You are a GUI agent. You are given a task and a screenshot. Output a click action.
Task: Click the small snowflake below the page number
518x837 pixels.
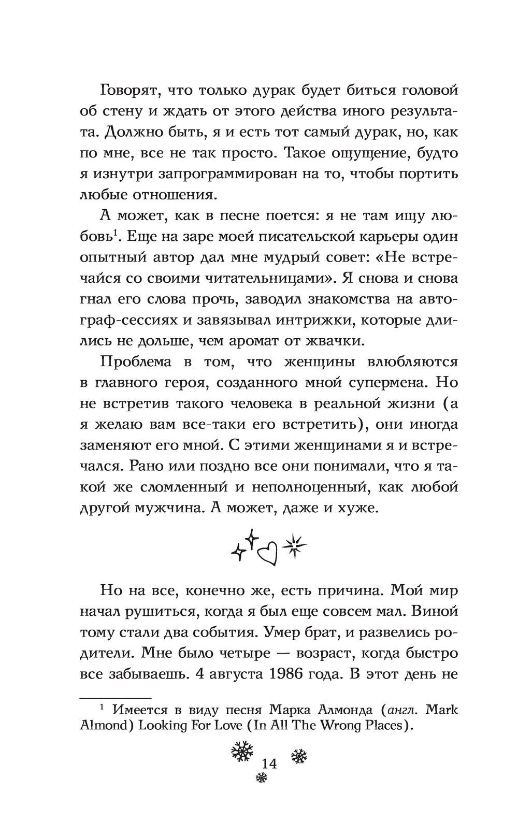[x=262, y=778]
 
